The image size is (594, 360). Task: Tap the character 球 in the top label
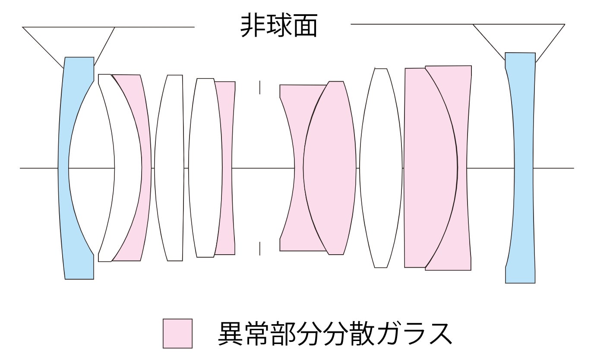pyautogui.click(x=279, y=26)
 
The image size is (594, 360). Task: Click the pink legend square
pyautogui.click(x=177, y=333)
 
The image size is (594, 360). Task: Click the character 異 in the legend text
pyautogui.click(x=230, y=334)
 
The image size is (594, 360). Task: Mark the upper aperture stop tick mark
pyautogui.click(x=259, y=88)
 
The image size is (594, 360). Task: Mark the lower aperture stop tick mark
pyautogui.click(x=259, y=249)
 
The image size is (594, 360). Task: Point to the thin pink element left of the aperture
pyautogui.click(x=227, y=168)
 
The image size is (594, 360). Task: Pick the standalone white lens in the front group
pyautogui.click(x=169, y=168)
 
